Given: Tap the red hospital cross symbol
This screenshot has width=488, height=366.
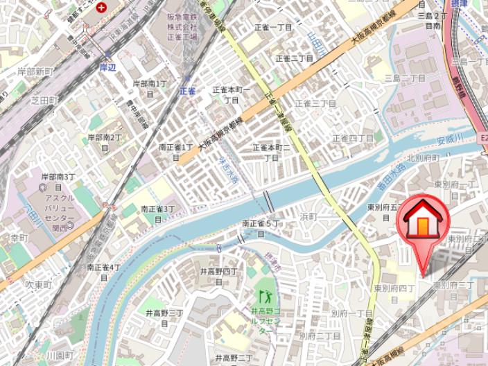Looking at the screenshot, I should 103,8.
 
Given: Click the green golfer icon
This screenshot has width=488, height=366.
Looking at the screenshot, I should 263,298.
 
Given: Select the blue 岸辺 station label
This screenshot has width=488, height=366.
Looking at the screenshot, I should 107,67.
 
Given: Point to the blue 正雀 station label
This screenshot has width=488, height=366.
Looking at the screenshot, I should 187,91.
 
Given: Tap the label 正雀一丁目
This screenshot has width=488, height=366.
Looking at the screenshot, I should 273,28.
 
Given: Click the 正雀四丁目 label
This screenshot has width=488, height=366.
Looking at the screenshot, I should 353,138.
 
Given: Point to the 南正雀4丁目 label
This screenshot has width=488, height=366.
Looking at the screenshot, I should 104,272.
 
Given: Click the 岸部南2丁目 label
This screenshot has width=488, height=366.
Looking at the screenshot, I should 105,142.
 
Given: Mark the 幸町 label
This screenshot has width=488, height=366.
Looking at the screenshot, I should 19,238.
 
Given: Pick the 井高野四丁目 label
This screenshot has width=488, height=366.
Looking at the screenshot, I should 219,276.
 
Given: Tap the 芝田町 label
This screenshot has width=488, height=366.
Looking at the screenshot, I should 45,100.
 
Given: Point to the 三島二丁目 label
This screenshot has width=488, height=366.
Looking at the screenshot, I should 405,78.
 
